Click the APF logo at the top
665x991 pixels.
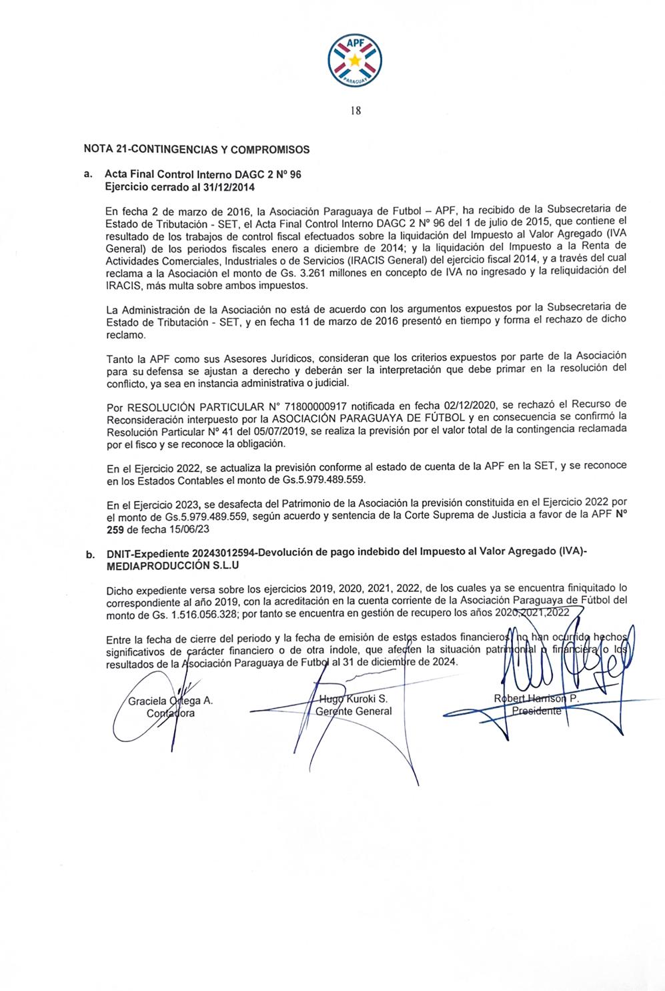[x=355, y=59]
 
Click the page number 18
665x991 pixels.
[x=355, y=111]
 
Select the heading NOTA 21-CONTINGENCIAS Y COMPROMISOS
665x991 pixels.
[x=196, y=149]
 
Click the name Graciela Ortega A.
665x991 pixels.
[x=170, y=701]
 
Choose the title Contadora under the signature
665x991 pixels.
[x=171, y=713]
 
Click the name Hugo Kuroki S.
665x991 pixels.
[x=354, y=699]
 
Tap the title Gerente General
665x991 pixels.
[x=354, y=711]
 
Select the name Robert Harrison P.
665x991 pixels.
[x=536, y=699]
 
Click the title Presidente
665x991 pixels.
[x=537, y=711]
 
